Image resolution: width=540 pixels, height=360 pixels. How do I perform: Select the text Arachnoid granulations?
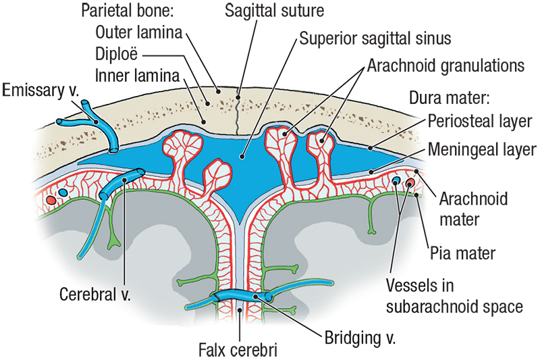point(446,66)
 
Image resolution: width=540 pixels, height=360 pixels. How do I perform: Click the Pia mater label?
point(462,253)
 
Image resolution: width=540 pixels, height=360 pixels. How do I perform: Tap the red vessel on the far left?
point(51,201)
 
